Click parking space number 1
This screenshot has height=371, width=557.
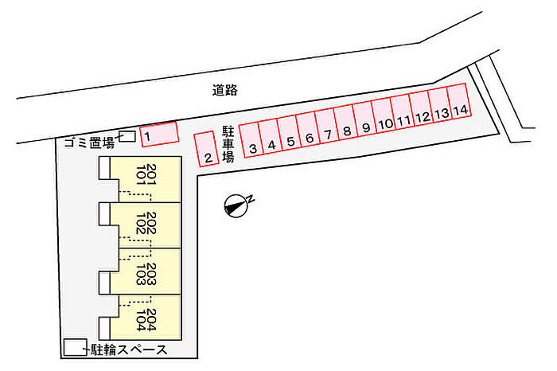click(x=159, y=134)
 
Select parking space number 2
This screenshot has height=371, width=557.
click(x=206, y=149)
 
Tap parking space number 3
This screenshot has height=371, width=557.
click(x=251, y=140)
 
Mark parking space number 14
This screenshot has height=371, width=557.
click(x=459, y=102)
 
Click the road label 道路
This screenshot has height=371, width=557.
click(x=225, y=90)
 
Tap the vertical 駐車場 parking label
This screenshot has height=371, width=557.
click(x=228, y=144)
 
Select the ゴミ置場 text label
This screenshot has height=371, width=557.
click(x=89, y=143)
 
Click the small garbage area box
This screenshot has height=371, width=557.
click(x=127, y=136)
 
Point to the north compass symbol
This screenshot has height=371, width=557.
click(x=237, y=205)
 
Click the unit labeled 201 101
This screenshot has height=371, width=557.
click(x=146, y=179)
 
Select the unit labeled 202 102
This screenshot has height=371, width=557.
click(x=146, y=225)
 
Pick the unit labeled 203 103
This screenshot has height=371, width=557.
click(x=146, y=271)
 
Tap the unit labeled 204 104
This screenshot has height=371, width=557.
click(x=146, y=318)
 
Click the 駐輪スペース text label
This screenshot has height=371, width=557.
click(x=129, y=350)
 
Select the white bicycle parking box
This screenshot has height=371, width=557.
click(x=75, y=347)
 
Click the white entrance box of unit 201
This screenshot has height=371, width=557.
click(x=104, y=167)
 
